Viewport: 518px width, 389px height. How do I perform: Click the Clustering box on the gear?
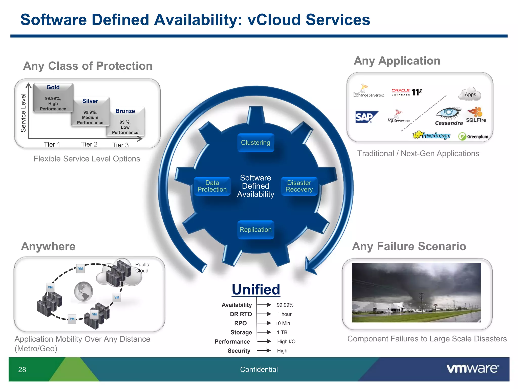click(x=255, y=143)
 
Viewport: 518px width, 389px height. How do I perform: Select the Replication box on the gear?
click(x=255, y=229)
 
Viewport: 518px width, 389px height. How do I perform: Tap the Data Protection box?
click(x=212, y=186)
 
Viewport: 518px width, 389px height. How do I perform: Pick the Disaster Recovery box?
click(x=299, y=186)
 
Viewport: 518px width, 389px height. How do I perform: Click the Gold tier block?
click(x=53, y=98)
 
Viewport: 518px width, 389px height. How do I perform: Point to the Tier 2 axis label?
click(x=89, y=144)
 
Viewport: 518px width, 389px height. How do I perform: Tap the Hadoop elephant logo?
click(x=431, y=135)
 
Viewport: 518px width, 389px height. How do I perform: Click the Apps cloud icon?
click(x=470, y=94)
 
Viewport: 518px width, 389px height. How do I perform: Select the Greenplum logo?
click(x=473, y=137)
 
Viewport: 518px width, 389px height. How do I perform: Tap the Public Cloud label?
click(x=142, y=267)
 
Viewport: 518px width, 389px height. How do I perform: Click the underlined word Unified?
click(x=256, y=289)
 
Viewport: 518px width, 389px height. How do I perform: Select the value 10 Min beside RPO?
click(x=283, y=323)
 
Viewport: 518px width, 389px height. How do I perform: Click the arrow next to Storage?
click(x=264, y=332)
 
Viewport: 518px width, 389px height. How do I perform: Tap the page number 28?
click(x=22, y=369)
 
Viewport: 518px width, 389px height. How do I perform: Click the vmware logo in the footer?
click(x=472, y=369)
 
